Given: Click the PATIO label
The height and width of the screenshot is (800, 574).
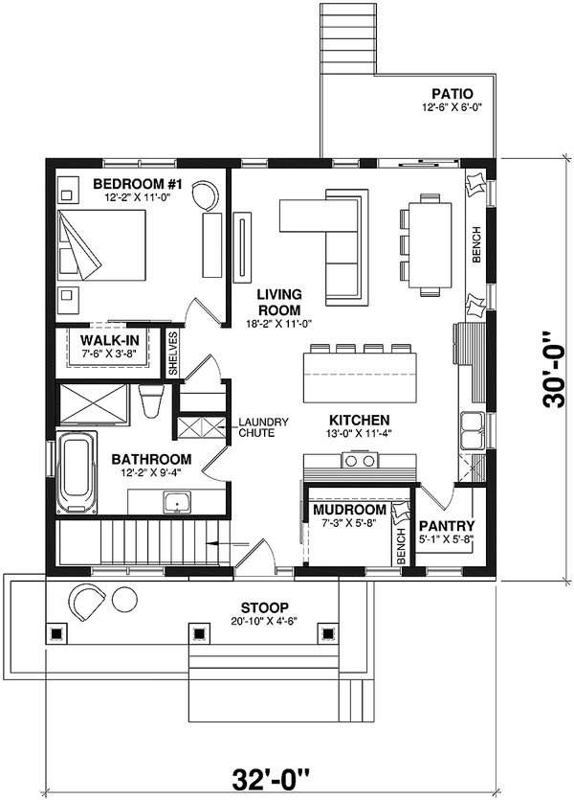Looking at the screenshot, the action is [x=453, y=94].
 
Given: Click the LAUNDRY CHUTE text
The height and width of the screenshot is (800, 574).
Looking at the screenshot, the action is [x=263, y=427].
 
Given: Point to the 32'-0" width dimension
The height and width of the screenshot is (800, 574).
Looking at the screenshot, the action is [x=271, y=780].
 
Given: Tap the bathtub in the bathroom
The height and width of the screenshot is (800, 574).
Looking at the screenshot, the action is [x=77, y=473].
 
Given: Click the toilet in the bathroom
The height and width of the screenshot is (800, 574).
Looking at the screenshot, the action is [x=151, y=401].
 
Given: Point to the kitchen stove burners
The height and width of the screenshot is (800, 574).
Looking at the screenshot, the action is [x=360, y=461].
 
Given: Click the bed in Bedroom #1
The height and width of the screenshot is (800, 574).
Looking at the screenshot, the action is [x=101, y=245].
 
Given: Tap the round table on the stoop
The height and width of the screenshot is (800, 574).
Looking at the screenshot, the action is [x=123, y=601].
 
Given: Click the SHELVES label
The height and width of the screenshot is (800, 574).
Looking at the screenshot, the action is [x=173, y=354].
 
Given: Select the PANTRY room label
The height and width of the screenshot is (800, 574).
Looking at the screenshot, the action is [x=446, y=526].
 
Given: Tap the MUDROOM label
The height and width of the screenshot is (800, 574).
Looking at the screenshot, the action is [x=349, y=510].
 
